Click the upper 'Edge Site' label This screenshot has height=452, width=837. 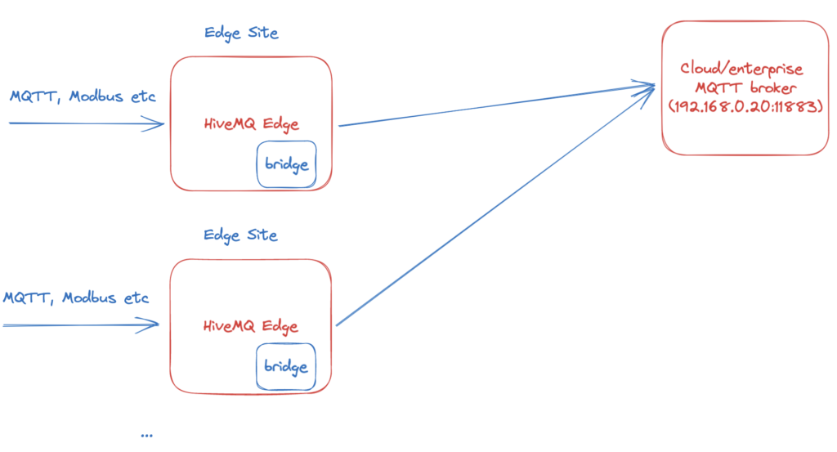click(x=241, y=34)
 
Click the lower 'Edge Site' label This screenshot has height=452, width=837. click(x=241, y=235)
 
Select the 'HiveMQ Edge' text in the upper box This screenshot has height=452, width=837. click(x=251, y=124)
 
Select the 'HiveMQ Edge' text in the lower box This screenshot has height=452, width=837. click(x=250, y=326)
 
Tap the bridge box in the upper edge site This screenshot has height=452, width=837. click(x=287, y=164)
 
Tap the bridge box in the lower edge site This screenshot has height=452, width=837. click(x=286, y=366)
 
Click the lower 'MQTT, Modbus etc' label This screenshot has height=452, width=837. click(x=76, y=298)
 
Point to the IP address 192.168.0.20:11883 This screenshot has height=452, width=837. click(x=744, y=106)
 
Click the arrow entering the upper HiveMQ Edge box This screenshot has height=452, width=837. click(x=86, y=124)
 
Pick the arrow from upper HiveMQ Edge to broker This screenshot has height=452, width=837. click(x=490, y=105)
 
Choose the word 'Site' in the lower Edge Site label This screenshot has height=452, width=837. click(x=261, y=235)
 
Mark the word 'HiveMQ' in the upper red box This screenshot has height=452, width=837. click(x=231, y=124)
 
